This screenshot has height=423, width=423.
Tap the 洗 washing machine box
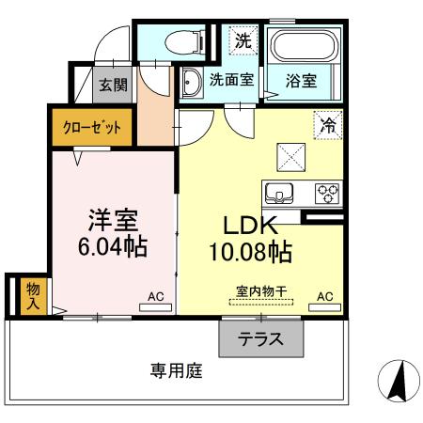243,40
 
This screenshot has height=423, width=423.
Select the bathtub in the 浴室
301,46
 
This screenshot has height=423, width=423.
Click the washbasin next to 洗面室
190,83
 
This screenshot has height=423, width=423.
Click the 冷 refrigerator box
329,125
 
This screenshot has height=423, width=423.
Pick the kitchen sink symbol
281,193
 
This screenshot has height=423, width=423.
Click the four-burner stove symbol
327,193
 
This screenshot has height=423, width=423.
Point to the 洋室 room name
114,222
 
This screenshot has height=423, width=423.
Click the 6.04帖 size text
114,249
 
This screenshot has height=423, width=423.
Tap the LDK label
248,226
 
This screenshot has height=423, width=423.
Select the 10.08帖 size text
248,252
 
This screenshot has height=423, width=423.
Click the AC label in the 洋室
155,297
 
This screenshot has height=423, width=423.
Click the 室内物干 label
259,293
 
